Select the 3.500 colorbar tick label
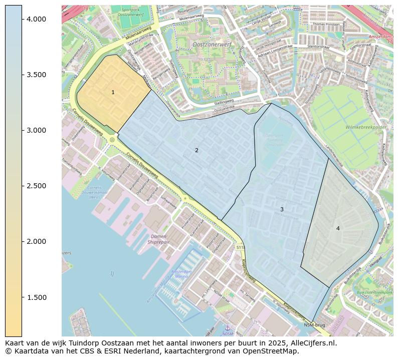36,75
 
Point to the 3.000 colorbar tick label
36,130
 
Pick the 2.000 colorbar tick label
36,241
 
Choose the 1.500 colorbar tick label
36,297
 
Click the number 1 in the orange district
113,92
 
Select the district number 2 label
196,150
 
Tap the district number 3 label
282,209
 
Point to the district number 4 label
338,228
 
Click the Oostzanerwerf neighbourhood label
212,45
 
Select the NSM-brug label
314,325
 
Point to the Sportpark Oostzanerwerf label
131,13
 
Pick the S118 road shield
241,247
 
